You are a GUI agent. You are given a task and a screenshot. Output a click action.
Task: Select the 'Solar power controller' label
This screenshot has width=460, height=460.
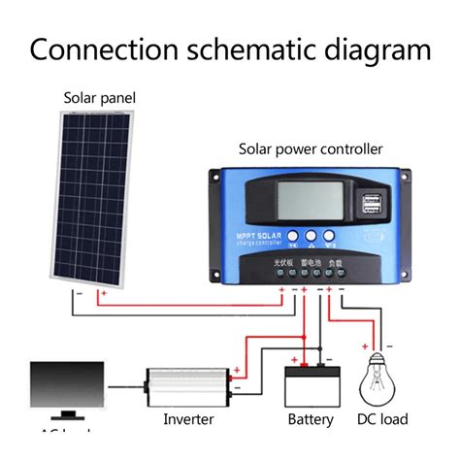pos(311,148)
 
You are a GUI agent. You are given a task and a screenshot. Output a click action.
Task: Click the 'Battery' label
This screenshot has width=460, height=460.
pos(311,419)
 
